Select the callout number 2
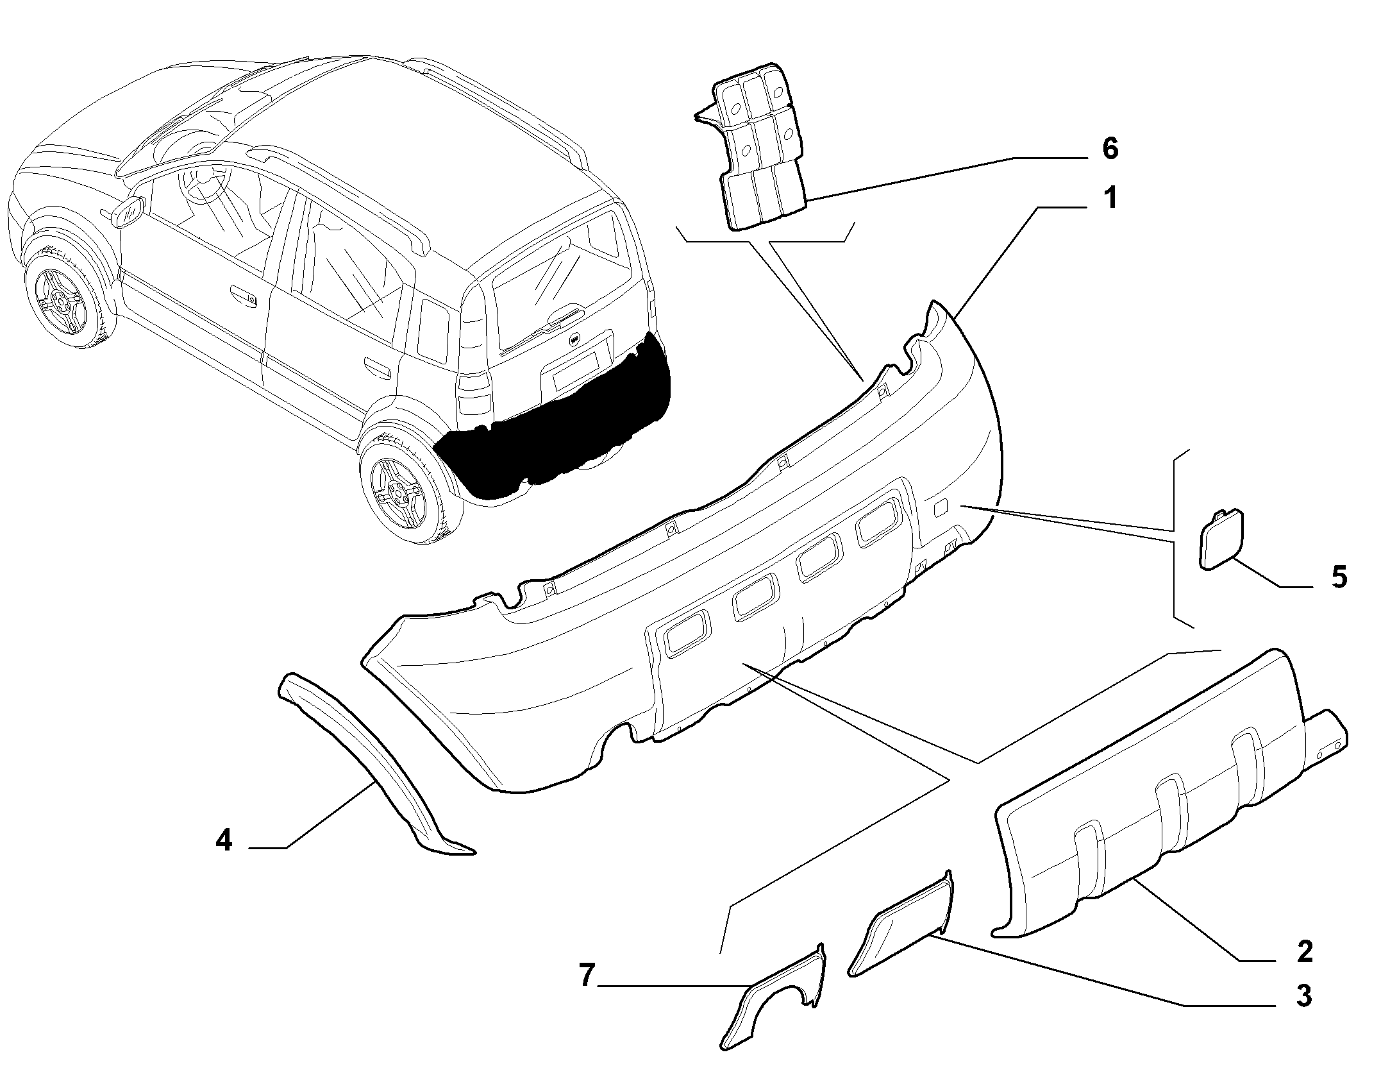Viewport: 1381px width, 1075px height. [x=1303, y=952]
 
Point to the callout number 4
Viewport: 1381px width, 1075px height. [x=223, y=840]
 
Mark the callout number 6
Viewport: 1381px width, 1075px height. [x=1110, y=149]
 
